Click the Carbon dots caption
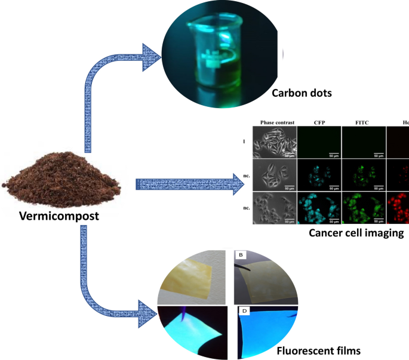[x=301, y=93]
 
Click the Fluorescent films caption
[x=319, y=350]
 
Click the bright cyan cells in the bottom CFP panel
[x=319, y=207]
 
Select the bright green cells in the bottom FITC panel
[x=361, y=207]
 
